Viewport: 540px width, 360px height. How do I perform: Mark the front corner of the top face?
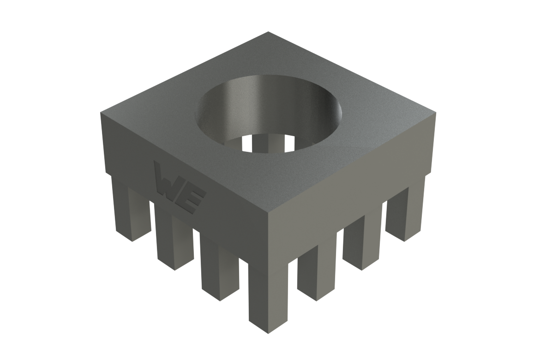(x=269, y=216)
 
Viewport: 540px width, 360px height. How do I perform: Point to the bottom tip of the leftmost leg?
(x=132, y=240)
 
